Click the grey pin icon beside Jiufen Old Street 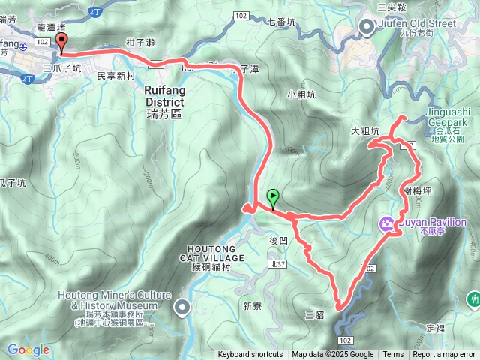click(367, 28)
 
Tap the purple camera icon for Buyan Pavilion click(387, 223)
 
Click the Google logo click(28, 349)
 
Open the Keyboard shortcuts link click(250, 355)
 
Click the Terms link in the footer click(393, 355)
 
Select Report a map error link click(445, 355)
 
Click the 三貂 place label click(315, 314)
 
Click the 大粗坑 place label click(365, 131)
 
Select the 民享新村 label click(115, 76)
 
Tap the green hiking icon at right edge click(474, 299)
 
